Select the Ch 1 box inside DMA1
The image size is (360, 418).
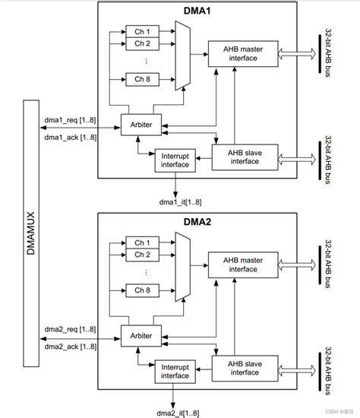142,32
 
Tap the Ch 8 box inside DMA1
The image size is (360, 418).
142,78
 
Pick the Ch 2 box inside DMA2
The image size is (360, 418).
142,255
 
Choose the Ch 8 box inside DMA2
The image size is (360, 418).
142,290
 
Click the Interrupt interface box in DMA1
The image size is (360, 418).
175,161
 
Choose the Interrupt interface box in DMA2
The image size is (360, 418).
175,372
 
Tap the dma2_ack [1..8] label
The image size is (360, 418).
70,346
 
